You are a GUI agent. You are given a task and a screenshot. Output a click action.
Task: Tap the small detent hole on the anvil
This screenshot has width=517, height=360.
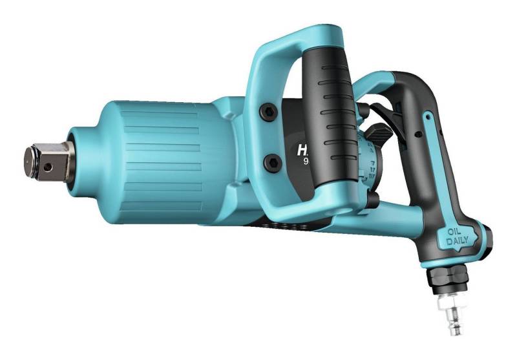tap(47, 165)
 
